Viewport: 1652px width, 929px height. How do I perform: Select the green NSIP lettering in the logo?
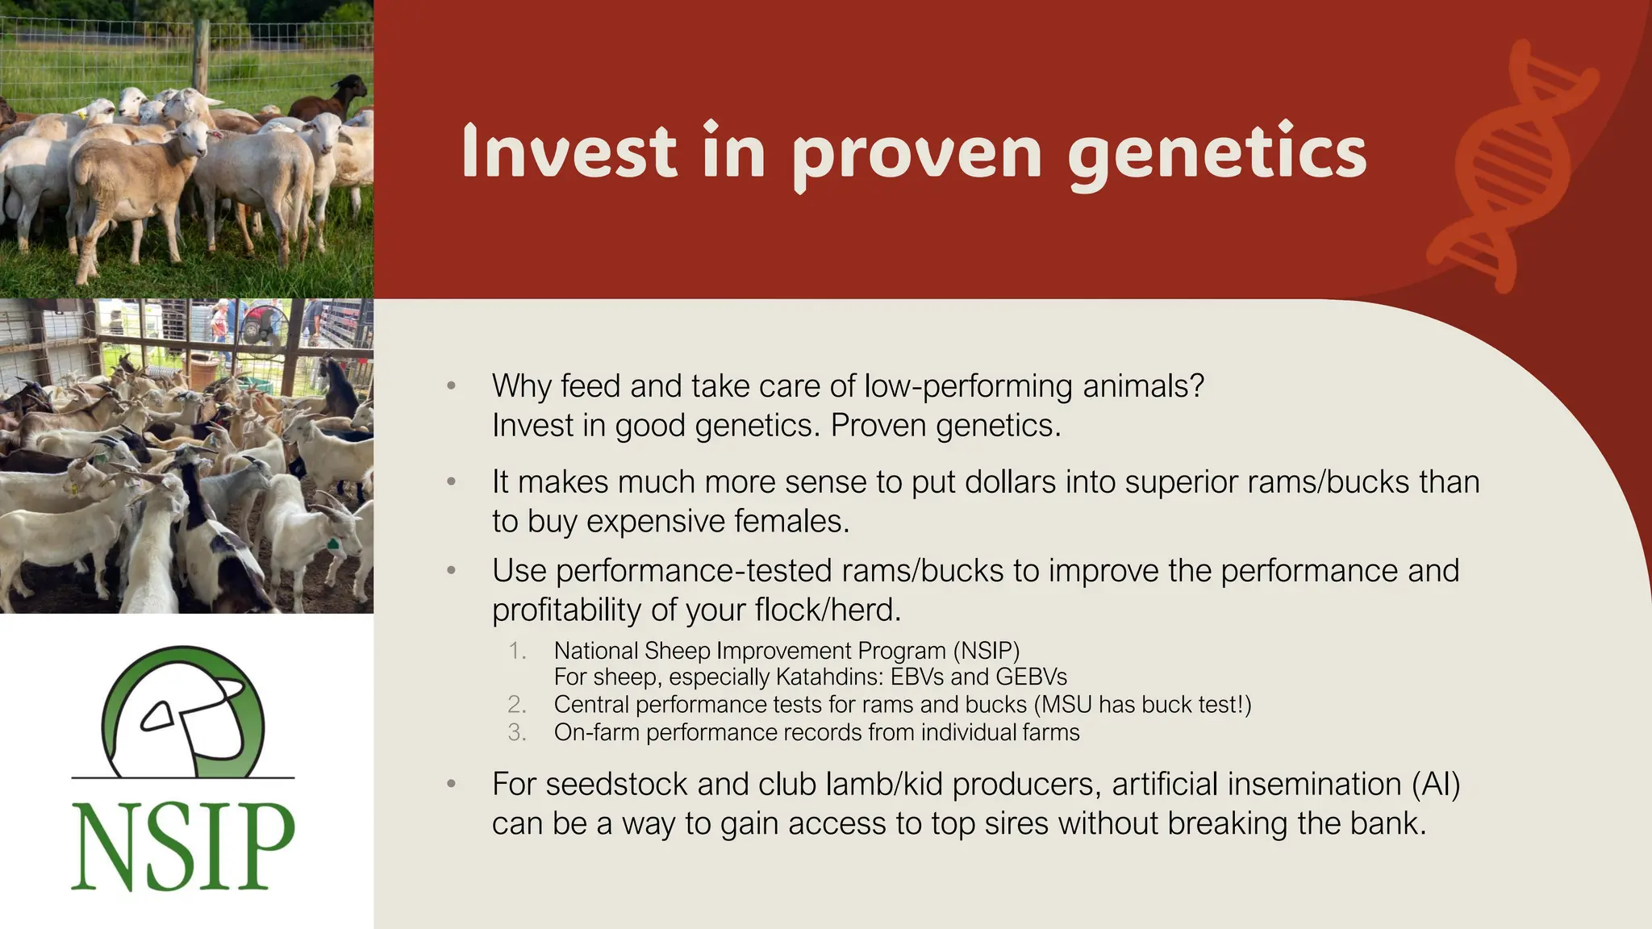pyautogui.click(x=183, y=847)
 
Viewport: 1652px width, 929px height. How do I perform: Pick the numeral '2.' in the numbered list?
pyautogui.click(x=517, y=705)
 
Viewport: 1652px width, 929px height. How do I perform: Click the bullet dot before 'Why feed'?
pyautogui.click(x=452, y=386)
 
